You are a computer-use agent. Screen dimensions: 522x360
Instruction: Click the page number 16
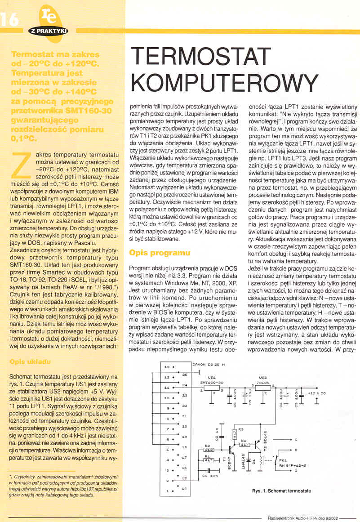[10, 19]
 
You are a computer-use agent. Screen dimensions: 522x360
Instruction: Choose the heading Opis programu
[160, 253]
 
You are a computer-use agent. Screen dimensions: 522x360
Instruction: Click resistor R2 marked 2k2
[209, 449]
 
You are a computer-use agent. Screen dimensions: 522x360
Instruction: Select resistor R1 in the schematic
[209, 460]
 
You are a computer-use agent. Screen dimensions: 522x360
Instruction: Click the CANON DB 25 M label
[208, 364]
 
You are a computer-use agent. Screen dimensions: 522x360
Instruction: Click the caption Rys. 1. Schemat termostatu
[282, 491]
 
